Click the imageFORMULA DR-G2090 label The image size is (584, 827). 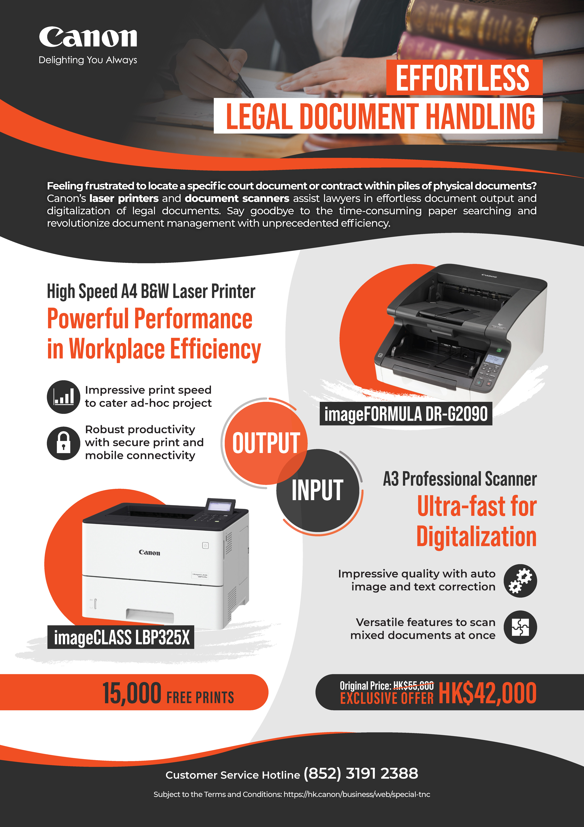tap(406, 413)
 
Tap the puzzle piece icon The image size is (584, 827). tap(520, 627)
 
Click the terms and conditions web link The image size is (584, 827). tap(357, 794)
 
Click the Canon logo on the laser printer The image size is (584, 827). tap(149, 553)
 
